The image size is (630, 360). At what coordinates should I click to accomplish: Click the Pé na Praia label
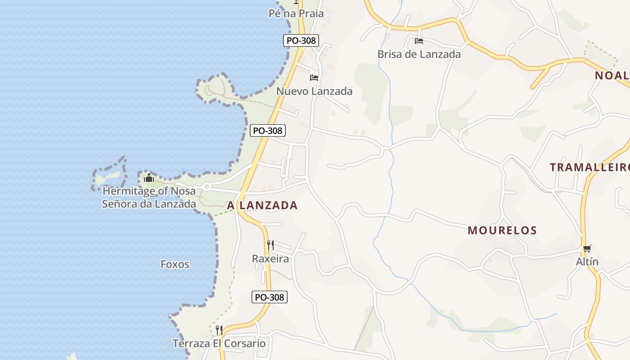point(296,13)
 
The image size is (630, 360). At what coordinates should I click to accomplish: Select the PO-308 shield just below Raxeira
point(269,297)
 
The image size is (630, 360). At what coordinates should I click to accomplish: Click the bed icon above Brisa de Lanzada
point(419,41)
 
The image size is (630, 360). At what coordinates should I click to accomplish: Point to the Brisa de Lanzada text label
point(419,54)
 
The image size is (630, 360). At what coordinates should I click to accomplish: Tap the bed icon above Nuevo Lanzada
point(314,78)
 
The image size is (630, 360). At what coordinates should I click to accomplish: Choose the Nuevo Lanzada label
point(314,91)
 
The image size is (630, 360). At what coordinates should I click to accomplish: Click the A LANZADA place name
point(262,206)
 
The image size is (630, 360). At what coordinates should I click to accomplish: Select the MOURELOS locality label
point(502,230)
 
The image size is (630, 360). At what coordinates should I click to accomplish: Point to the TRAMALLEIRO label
point(589,167)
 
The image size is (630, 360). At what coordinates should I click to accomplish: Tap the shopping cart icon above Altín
point(587,248)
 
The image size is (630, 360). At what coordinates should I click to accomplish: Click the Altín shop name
point(587,262)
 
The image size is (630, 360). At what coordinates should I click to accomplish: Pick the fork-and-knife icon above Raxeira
point(270,245)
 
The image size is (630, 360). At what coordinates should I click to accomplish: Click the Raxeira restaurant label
point(270,259)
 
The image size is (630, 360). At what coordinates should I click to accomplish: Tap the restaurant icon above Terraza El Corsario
point(219,330)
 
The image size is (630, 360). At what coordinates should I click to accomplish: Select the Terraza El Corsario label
point(219,344)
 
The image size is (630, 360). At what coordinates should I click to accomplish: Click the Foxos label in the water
point(175,264)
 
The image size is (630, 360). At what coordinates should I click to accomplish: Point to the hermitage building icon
point(149,178)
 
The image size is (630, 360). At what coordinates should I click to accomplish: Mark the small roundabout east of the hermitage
point(207,186)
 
